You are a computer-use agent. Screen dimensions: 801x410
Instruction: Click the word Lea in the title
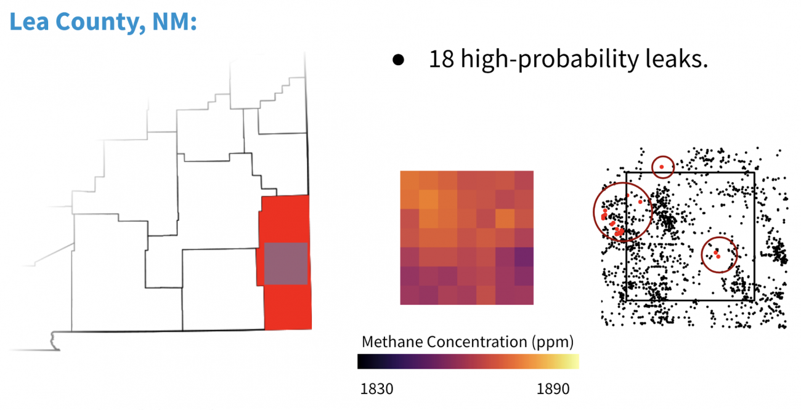tap(29, 22)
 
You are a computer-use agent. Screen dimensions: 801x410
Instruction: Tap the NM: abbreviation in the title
tap(174, 22)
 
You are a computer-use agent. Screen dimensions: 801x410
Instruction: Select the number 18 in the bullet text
tap(442, 59)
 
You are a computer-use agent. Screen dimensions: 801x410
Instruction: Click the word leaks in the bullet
tap(677, 58)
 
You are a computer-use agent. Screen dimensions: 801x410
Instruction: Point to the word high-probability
tap(550, 60)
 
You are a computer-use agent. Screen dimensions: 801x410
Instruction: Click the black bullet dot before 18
tap(398, 60)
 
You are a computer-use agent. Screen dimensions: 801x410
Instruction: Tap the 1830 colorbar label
tap(376, 388)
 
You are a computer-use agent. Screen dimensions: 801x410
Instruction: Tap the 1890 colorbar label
tap(553, 388)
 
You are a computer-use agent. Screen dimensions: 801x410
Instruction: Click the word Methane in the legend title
tap(392, 342)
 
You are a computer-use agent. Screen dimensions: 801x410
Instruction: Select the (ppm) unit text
tap(553, 342)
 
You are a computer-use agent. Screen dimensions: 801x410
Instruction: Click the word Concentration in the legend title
tap(477, 342)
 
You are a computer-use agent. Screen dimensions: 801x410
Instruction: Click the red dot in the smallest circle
tap(662, 167)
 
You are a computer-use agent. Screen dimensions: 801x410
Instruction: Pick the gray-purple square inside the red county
tap(286, 263)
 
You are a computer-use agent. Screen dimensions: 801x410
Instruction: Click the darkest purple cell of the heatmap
tap(524, 257)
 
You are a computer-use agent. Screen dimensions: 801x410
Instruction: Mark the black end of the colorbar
tap(361, 361)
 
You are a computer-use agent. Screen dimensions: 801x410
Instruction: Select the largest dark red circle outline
tap(593, 212)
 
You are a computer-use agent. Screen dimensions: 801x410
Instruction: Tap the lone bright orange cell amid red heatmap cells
tap(505, 219)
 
